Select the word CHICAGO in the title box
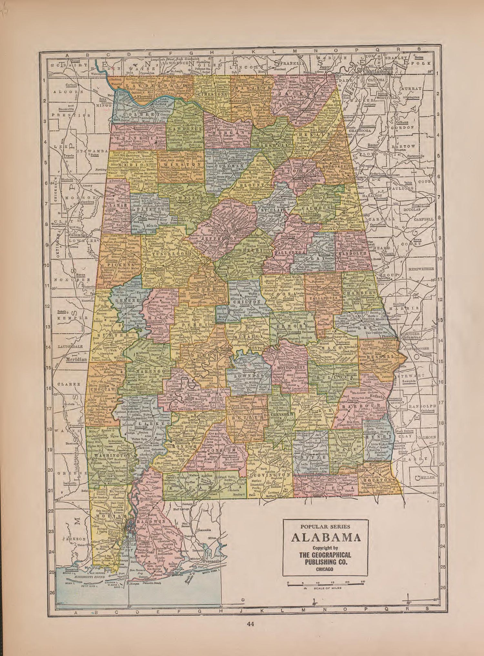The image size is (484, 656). pos(325,569)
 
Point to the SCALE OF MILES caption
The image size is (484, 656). pos(326,588)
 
